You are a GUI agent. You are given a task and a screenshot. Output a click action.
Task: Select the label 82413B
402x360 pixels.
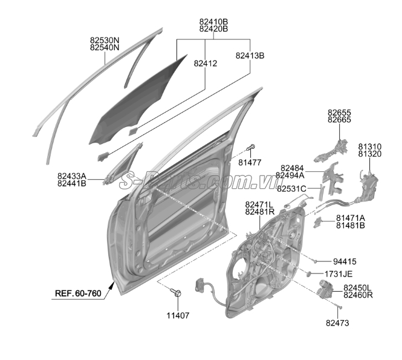[x=250, y=56]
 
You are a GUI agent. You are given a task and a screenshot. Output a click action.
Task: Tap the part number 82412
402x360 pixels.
[x=205, y=62]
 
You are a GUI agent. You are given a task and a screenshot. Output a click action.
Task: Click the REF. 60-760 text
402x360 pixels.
[x=78, y=293]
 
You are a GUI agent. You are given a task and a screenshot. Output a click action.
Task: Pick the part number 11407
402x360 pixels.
[x=178, y=315]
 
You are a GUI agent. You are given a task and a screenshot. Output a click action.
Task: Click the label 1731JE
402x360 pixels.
[x=339, y=274]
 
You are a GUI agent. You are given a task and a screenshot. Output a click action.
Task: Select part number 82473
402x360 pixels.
[x=337, y=324]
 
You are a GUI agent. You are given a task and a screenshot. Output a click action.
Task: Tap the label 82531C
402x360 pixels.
[x=292, y=189]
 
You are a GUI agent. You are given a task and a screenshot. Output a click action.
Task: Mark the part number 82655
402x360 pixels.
[x=339, y=113]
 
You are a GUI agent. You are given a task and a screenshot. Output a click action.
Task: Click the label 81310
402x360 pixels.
[x=369, y=146]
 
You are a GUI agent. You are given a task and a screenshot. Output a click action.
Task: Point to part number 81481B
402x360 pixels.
[x=351, y=226]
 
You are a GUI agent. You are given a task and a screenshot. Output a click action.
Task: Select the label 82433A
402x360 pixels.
[x=72, y=176]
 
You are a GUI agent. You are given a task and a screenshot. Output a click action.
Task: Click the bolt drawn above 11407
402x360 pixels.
[x=176, y=293]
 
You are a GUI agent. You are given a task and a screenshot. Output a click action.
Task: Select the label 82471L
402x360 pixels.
[x=260, y=205]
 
